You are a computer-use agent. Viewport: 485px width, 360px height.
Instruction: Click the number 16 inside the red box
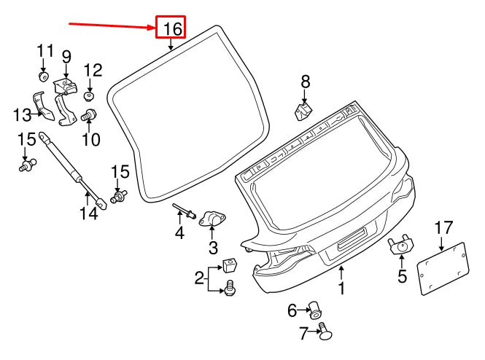171,28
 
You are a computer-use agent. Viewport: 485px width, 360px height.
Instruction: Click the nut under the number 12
90,95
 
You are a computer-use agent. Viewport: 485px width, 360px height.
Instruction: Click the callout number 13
21,114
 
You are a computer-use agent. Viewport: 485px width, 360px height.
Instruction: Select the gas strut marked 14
73,169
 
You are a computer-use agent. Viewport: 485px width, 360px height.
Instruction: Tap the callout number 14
88,214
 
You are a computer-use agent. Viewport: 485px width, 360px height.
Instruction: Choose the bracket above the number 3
212,219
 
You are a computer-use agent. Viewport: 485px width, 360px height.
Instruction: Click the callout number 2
198,278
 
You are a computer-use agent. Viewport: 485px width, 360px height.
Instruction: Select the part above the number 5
400,246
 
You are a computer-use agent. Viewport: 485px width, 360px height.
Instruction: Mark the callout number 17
444,229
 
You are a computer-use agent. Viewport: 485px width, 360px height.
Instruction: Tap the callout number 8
305,81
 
